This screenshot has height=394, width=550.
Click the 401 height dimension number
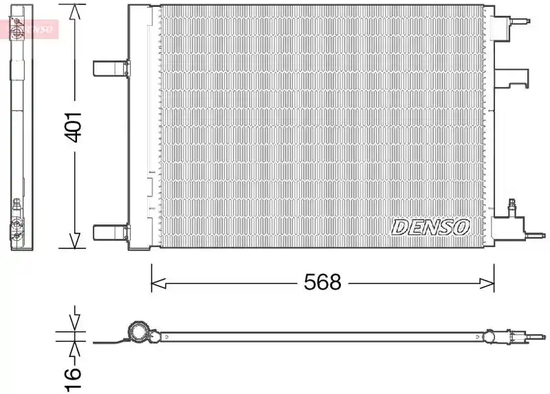click(x=74, y=127)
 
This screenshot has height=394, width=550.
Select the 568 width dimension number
click(x=322, y=282)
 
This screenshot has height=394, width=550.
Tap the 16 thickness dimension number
click(x=73, y=379)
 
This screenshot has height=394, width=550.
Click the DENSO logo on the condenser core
click(x=430, y=227)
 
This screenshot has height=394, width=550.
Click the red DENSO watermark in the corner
click(x=30, y=29)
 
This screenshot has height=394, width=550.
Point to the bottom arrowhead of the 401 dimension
click(x=75, y=241)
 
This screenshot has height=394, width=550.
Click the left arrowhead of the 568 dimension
click(x=159, y=283)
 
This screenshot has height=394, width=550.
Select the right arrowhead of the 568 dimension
click(x=487, y=283)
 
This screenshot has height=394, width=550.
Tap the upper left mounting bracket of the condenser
click(x=111, y=68)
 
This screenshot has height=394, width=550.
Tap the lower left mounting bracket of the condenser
click(x=111, y=233)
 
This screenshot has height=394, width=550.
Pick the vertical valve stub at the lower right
click(x=511, y=207)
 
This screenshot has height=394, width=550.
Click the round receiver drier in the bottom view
click(x=138, y=332)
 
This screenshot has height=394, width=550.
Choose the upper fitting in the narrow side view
click(x=16, y=29)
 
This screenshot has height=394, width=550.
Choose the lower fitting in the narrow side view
click(x=16, y=221)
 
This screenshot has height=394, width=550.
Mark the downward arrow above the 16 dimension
click(x=75, y=318)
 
